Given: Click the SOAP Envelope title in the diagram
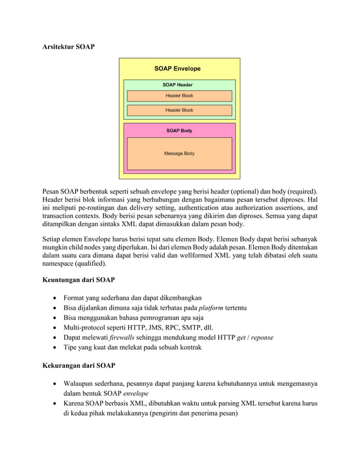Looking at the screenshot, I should [177, 69].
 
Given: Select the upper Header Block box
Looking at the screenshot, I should [179, 96].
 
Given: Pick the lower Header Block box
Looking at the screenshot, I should [179, 110].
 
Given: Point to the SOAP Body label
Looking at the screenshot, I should [179, 130].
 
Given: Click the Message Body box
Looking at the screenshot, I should [179, 153].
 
